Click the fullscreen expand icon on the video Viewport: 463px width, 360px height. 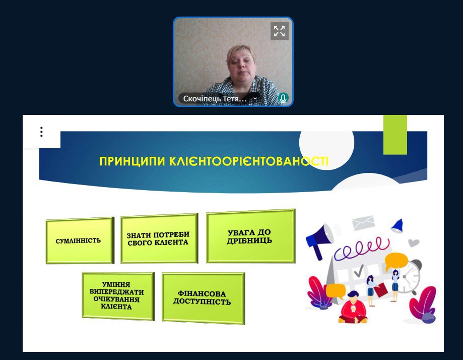coord(279,31)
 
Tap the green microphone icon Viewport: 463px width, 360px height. coord(283,98)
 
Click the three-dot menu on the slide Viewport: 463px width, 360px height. coord(41,132)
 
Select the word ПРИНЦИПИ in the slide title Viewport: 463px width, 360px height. coord(132,161)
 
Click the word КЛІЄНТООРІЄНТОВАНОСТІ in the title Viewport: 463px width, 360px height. coord(248,161)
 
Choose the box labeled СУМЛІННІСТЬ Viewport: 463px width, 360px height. coord(80,241)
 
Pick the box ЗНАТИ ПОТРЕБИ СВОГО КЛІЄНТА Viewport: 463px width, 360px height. coord(159,238)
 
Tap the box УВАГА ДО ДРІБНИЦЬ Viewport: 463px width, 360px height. coord(251,236)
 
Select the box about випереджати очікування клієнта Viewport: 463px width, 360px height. coord(118,296)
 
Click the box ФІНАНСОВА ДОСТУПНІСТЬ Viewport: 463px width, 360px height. coord(203,298)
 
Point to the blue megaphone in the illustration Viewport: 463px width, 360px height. coord(319,240)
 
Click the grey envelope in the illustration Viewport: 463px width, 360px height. coord(363,223)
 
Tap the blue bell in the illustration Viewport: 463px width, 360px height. coord(397,226)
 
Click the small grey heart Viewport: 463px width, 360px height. coord(414,243)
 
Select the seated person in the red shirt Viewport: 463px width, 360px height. coord(353,308)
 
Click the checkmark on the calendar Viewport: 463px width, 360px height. coord(359,270)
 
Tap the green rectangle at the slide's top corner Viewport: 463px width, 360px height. coord(395,135)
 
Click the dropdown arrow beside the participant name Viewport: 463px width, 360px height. coord(255,98)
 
